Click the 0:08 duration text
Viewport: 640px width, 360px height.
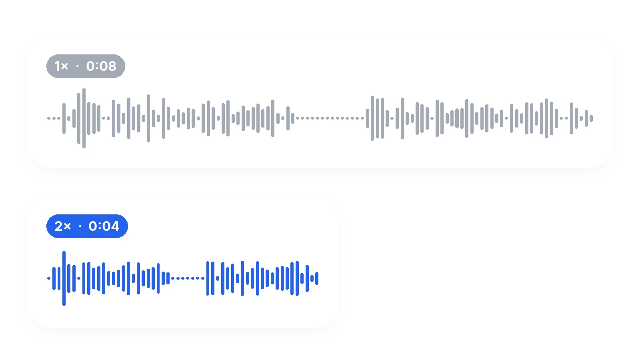coord(101,66)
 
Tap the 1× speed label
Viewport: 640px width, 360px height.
coord(61,66)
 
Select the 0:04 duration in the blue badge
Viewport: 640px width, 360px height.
coord(104,226)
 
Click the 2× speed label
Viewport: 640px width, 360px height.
coord(62,226)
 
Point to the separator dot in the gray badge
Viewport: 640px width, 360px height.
coord(77,66)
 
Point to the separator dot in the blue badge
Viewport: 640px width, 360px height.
coord(80,226)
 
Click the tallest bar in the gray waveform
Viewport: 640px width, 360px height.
coord(84,118)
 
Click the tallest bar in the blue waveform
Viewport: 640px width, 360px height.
coord(64,278)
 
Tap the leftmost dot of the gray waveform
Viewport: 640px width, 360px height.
coord(49,118)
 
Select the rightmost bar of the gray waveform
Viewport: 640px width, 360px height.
coord(591,118)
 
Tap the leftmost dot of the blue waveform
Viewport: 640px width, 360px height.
coord(49,278)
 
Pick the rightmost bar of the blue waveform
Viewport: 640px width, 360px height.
coord(316,278)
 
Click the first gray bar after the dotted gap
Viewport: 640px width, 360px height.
coord(368,118)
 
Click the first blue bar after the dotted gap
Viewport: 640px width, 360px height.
coord(208,278)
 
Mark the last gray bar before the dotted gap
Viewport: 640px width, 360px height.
coord(292,118)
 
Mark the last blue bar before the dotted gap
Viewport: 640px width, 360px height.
coord(168,278)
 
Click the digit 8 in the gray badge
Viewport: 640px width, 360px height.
coord(112,66)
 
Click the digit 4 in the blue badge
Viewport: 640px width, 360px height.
coord(114,226)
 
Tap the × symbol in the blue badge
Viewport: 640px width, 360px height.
coord(67,226)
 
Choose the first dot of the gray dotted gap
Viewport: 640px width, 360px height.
coord(298,118)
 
